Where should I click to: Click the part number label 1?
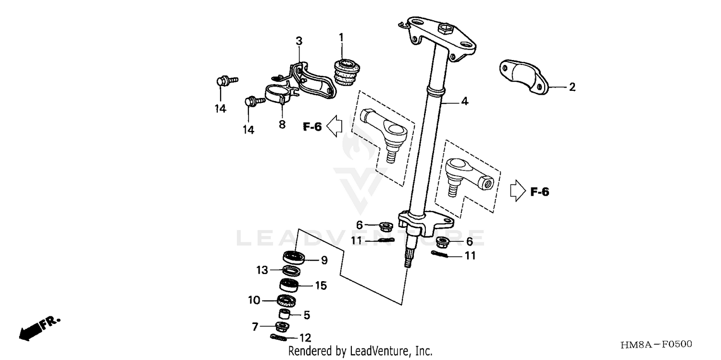click(x=341, y=37)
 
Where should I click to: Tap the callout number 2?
click(x=572, y=87)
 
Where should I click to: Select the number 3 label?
click(x=299, y=41)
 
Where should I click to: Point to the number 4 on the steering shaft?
click(x=464, y=101)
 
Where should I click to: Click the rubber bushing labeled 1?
click(x=346, y=73)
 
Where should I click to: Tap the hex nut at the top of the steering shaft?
click(x=445, y=30)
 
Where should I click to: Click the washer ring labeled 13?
click(x=289, y=271)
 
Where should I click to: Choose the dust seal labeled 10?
click(x=287, y=301)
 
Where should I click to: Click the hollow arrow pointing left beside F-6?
click(x=334, y=126)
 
